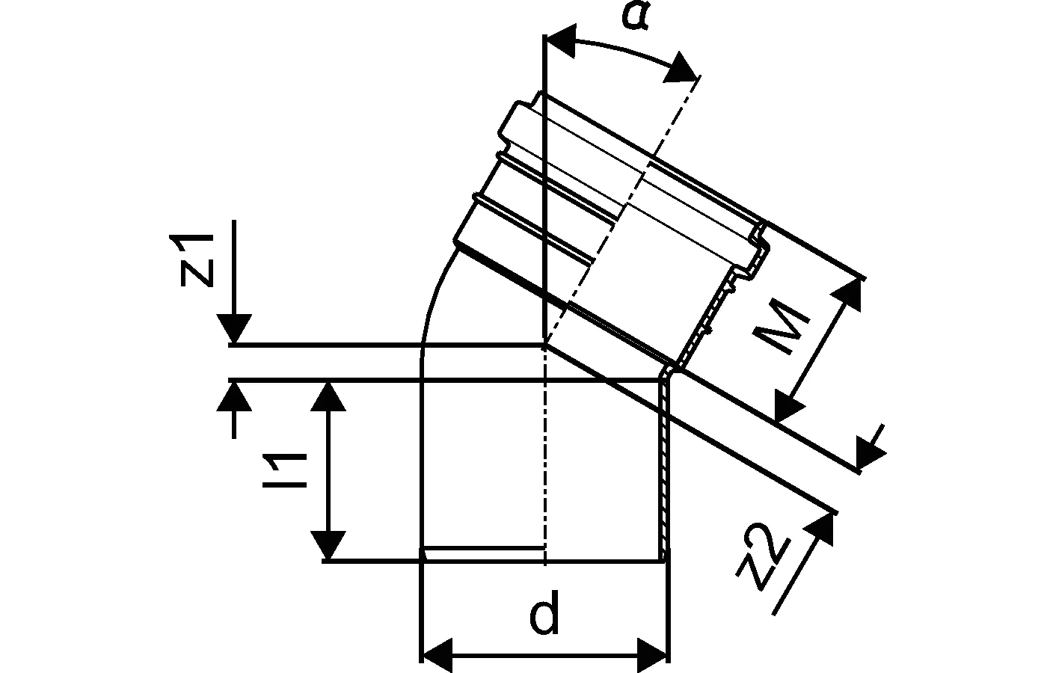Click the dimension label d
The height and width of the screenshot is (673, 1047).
click(x=544, y=612)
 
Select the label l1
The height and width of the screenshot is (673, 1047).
click(x=284, y=470)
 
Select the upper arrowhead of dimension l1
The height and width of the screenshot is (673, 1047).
click(x=328, y=397)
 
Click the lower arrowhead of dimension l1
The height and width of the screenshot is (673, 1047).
click(x=328, y=545)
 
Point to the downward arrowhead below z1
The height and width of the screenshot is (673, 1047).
click(x=234, y=329)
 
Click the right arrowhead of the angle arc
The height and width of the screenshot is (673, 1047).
click(x=681, y=69)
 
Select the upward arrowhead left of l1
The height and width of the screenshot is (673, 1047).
click(x=234, y=397)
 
